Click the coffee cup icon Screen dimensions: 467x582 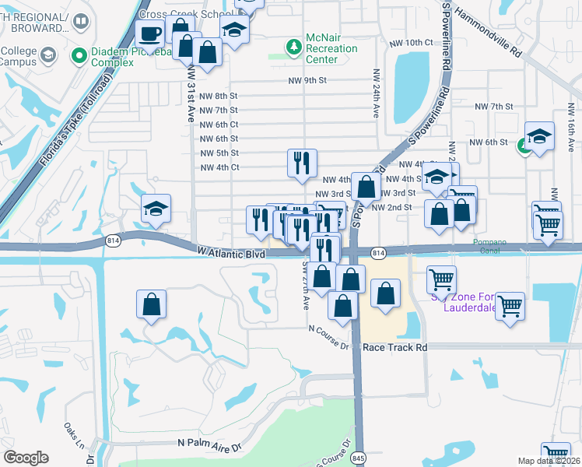149,33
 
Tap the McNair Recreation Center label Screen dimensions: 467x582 331,48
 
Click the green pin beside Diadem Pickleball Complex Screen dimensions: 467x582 79,54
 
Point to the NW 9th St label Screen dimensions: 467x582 307,80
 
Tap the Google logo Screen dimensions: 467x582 26,458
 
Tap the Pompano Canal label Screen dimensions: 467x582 490,243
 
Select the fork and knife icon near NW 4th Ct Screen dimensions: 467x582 302,163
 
